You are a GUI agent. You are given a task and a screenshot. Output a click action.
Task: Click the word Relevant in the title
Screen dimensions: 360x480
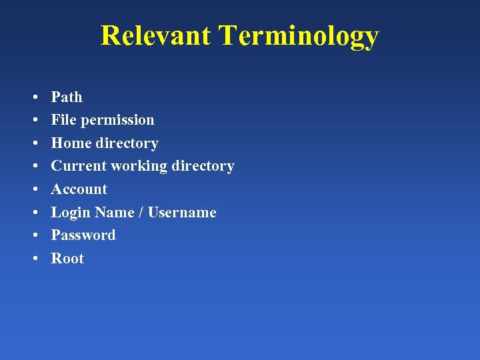click(x=156, y=35)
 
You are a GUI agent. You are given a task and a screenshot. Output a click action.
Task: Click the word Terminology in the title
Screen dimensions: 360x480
click(x=299, y=37)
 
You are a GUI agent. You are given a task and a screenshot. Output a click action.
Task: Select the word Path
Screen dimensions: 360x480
click(x=67, y=97)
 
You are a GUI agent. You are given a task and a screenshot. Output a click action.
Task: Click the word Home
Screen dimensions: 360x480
click(x=71, y=143)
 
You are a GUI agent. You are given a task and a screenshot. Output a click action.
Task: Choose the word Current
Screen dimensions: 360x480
click(x=76, y=166)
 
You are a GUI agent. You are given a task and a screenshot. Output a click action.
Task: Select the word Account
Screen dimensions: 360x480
click(x=79, y=189)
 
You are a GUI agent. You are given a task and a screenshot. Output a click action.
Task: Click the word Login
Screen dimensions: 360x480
click(x=71, y=213)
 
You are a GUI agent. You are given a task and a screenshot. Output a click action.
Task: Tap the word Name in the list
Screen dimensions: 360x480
click(x=114, y=213)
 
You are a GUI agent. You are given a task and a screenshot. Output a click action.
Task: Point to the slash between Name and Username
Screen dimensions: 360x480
click(x=141, y=213)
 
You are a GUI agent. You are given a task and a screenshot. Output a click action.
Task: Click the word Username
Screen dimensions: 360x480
click(x=182, y=213)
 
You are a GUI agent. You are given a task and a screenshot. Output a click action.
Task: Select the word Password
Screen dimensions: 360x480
click(x=83, y=235)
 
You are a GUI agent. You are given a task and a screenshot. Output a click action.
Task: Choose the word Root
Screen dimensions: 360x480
click(x=67, y=259)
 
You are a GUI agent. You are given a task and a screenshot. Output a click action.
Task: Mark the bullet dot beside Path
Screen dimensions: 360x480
click(x=33, y=98)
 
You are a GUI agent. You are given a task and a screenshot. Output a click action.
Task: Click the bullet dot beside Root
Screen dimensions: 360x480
click(x=33, y=259)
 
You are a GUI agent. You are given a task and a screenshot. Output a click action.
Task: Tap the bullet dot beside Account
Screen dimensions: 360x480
click(x=33, y=190)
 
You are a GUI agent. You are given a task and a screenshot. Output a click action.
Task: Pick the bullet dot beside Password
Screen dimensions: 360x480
click(x=33, y=236)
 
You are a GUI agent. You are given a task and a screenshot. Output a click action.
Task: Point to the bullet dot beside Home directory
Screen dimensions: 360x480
click(x=33, y=144)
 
